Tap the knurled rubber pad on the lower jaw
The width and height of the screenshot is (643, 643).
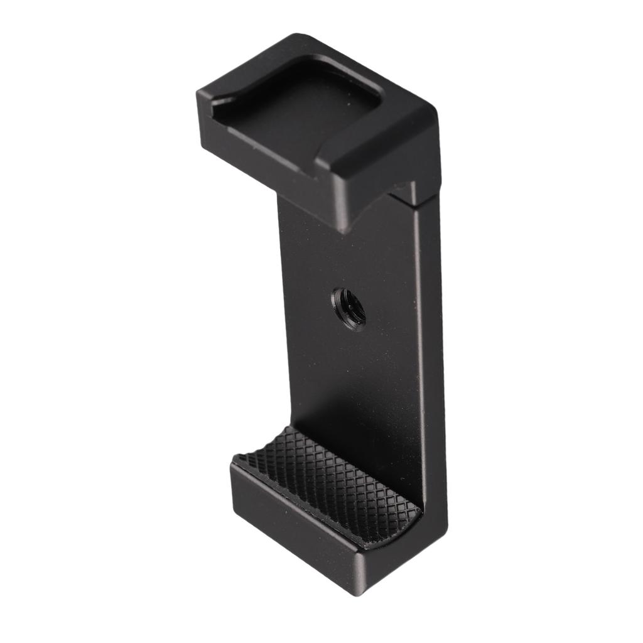[x=327, y=484]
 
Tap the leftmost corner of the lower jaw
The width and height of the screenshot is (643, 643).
[x=231, y=468]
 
